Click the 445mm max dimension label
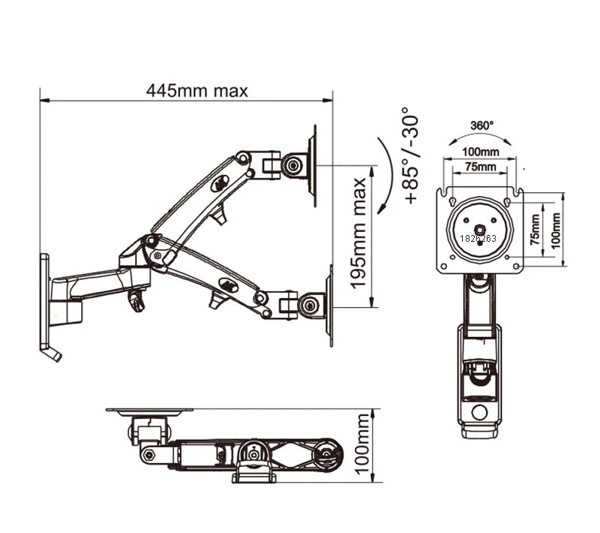[x=196, y=91]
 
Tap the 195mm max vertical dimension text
[x=359, y=233]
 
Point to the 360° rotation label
[x=481, y=125]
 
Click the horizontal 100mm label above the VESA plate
[x=479, y=152]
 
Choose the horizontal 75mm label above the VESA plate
[x=479, y=167]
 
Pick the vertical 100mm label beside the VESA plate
[x=556, y=230]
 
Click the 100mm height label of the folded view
[x=363, y=447]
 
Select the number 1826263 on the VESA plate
[x=479, y=238]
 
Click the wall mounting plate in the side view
[x=45, y=300]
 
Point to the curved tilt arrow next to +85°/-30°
[x=386, y=175]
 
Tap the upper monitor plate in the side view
[x=313, y=165]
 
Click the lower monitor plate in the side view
[x=329, y=305]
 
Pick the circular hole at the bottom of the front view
[x=478, y=412]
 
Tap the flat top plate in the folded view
[x=148, y=411]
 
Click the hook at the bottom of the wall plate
[x=52, y=354]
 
